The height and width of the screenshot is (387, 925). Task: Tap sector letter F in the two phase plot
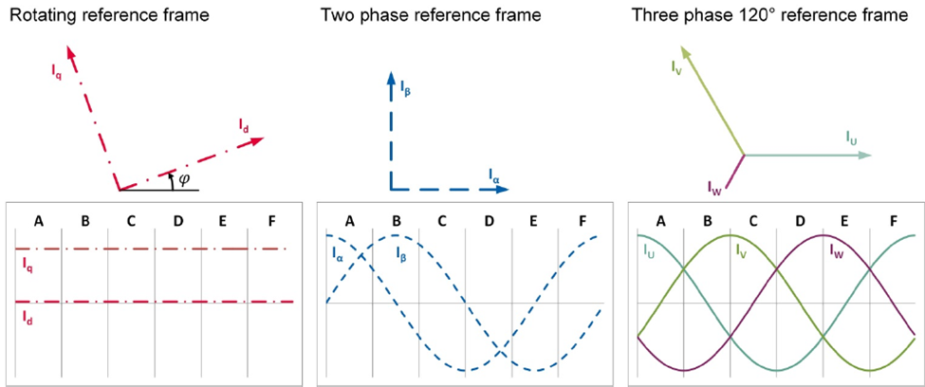coord(583,221)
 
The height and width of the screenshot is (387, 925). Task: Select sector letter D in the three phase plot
coord(801,221)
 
